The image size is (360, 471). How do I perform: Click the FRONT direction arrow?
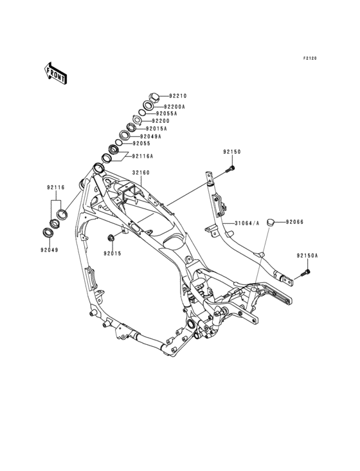pyautogui.click(x=56, y=73)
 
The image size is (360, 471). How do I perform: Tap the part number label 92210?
pyautogui.click(x=178, y=96)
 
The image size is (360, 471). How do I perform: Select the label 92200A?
pyautogui.click(x=174, y=107)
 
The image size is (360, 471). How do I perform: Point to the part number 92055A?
pyautogui.click(x=166, y=113)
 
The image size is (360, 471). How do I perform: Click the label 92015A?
pyautogui.click(x=156, y=129)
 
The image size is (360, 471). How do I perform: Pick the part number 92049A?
pyautogui.click(x=150, y=136)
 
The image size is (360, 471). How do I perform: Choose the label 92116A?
pyautogui.click(x=143, y=156)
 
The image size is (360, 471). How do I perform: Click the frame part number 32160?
pyautogui.click(x=141, y=172)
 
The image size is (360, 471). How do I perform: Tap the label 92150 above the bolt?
pyautogui.click(x=232, y=152)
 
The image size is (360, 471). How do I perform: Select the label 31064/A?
pyautogui.click(x=247, y=223)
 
